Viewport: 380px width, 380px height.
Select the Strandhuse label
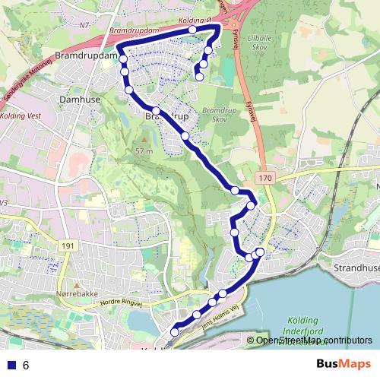[x=356, y=268]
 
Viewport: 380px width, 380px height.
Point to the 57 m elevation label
[x=145, y=151]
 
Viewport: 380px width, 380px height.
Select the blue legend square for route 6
[x=9, y=365]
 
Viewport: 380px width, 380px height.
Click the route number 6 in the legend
[x=26, y=365]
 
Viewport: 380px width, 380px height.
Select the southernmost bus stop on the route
[x=174, y=331]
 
